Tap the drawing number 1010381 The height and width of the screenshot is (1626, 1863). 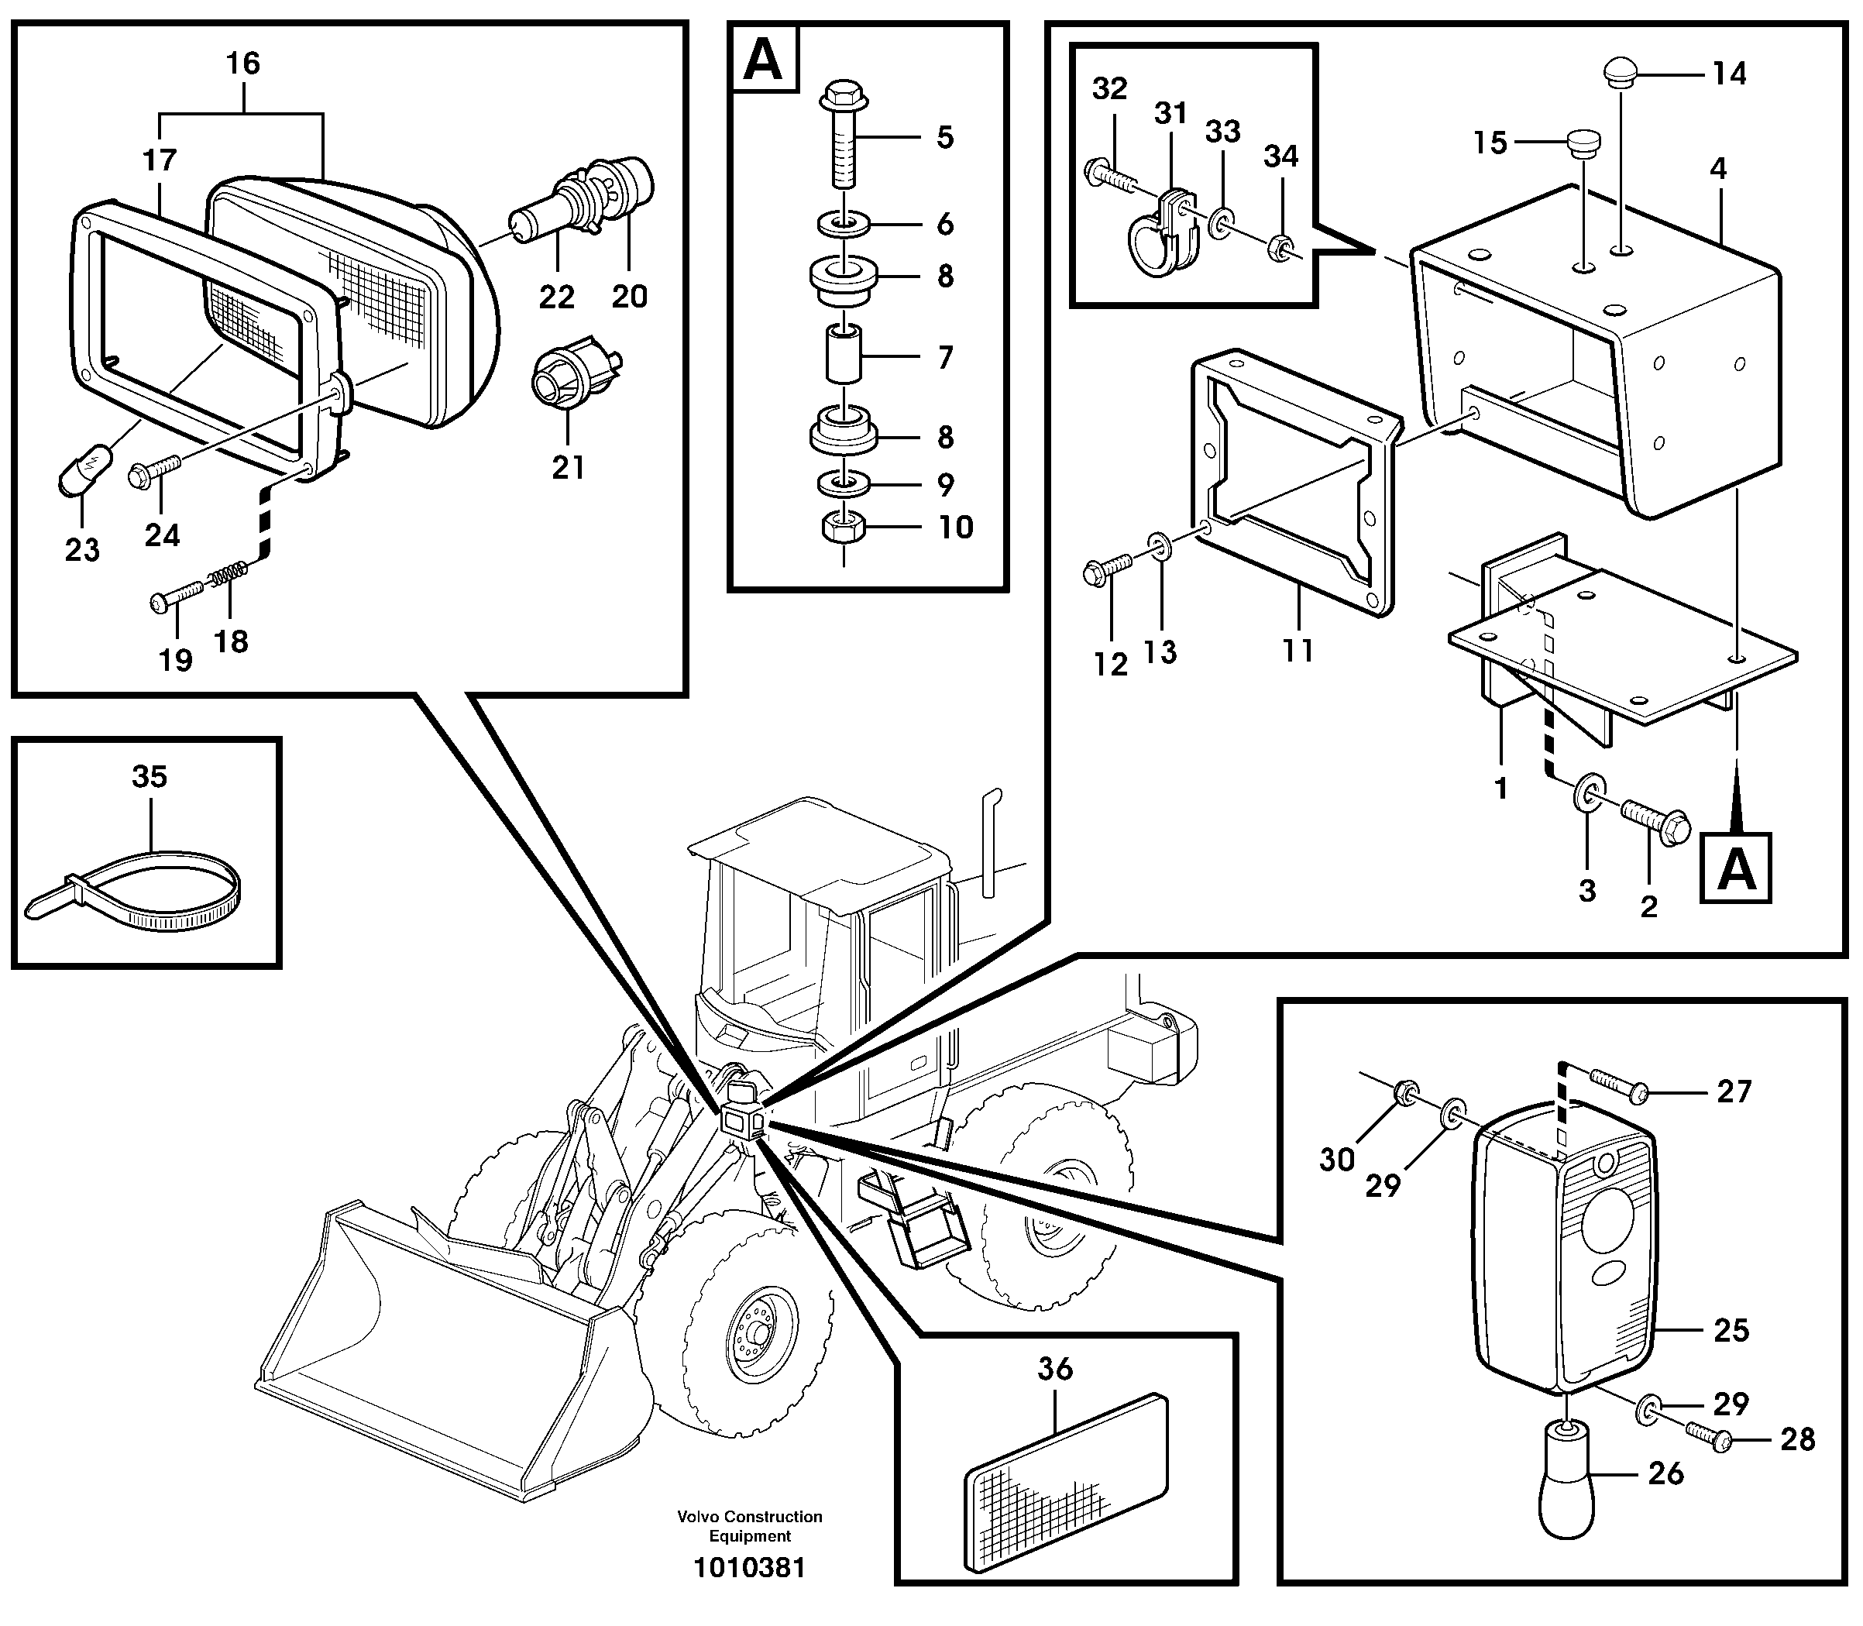(x=750, y=1568)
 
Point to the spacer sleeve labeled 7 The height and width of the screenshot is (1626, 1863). (x=843, y=357)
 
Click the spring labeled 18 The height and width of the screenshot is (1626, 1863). (x=228, y=576)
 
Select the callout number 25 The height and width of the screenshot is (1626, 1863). (x=1731, y=1330)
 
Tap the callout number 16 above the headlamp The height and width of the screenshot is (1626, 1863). (x=242, y=64)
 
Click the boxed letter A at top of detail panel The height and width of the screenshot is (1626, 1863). (x=763, y=60)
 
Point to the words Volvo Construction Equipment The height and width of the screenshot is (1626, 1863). (x=750, y=1526)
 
